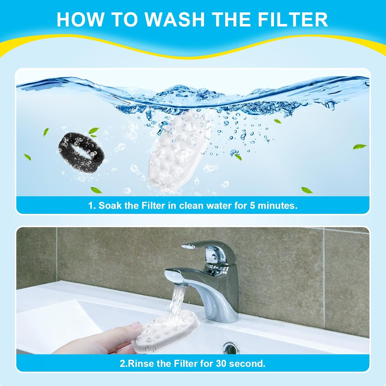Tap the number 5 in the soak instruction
pyautogui.click(x=252, y=206)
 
